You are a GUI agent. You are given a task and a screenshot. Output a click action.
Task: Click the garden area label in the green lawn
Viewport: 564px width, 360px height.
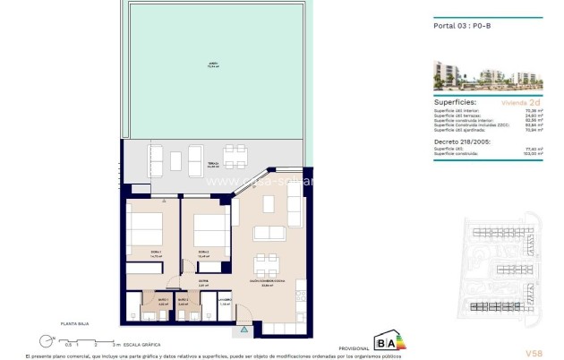(x=214, y=65)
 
